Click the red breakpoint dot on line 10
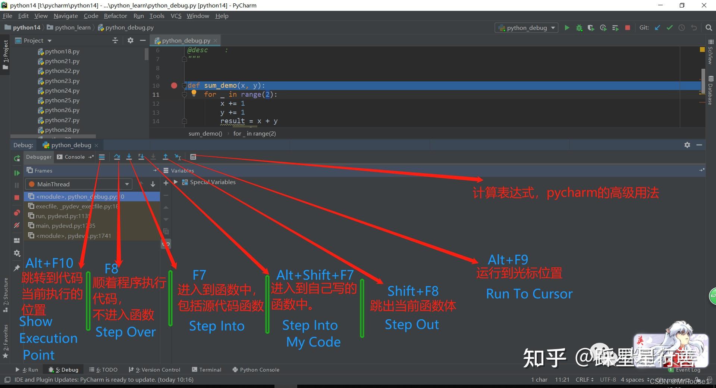(174, 86)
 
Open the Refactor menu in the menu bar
(115, 16)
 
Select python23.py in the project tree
(62, 81)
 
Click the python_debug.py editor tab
(186, 40)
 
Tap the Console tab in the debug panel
(74, 157)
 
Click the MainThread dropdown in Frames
(79, 184)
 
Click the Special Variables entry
(213, 182)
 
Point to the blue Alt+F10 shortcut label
(49, 263)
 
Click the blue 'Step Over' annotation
(125, 332)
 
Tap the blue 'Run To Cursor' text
(529, 294)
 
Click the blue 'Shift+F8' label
(412, 291)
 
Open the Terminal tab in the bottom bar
(210, 370)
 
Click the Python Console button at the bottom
(259, 370)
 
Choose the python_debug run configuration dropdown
(527, 28)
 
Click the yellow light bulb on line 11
(194, 93)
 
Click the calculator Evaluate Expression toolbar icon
(193, 157)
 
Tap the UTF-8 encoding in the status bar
(608, 380)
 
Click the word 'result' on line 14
(232, 121)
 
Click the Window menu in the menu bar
(198, 16)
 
